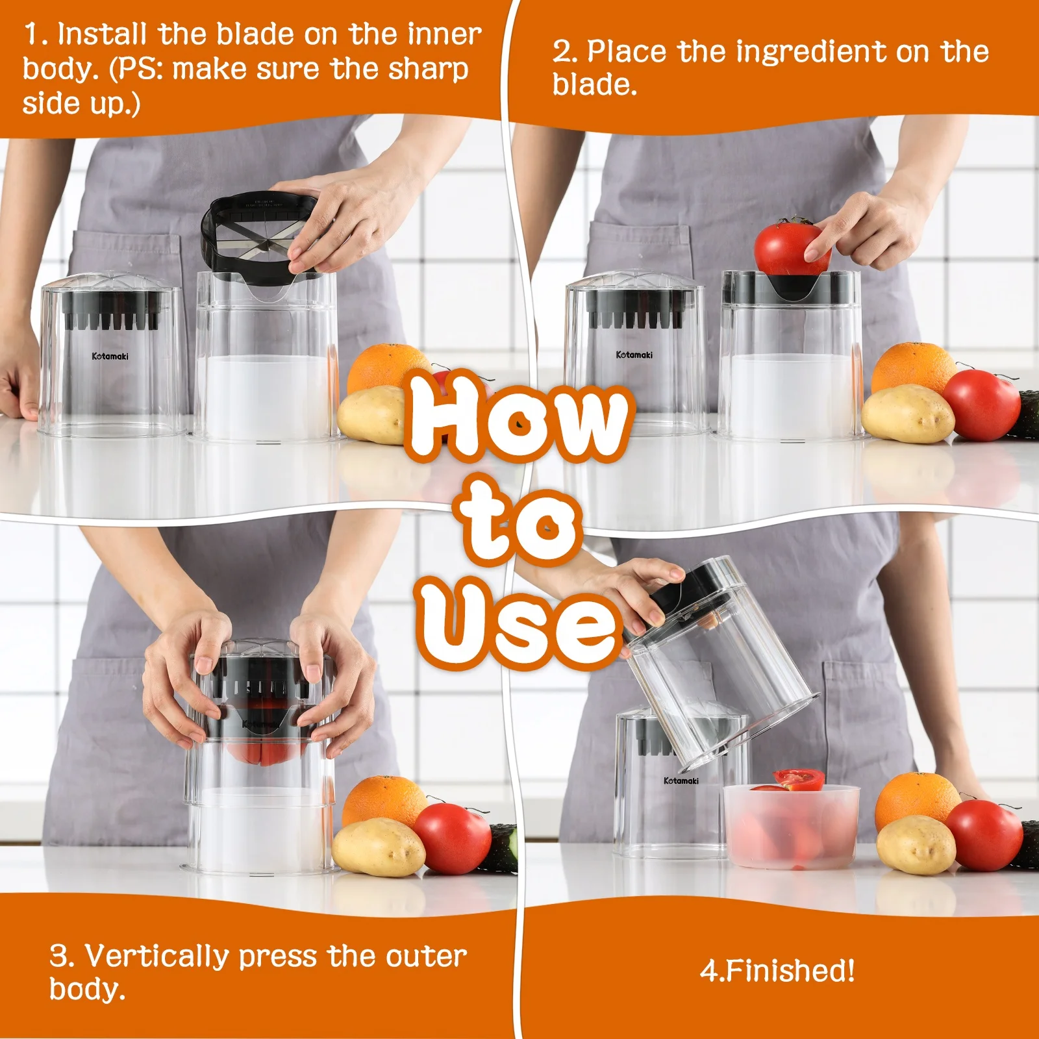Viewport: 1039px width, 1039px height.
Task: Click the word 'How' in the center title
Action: pos(516,416)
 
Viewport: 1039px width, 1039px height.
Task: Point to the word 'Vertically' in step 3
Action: pos(156,956)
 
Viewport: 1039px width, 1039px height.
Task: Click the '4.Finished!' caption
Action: pos(777,971)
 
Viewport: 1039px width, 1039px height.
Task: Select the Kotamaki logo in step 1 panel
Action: pos(110,356)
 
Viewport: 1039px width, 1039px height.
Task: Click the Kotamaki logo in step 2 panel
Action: pos(634,355)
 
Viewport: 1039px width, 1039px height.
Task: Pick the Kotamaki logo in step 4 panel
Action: pos(681,781)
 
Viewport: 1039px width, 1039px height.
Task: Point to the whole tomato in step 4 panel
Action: pos(984,834)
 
